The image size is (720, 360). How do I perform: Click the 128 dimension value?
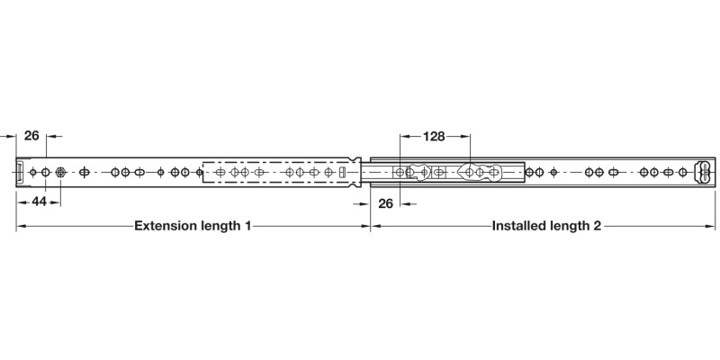coord(434,137)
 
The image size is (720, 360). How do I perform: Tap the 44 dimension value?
coord(39,201)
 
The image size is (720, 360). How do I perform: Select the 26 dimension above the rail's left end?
coord(31,136)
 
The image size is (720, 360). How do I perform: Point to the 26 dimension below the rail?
coord(386,203)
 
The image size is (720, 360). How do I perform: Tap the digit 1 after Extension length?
coord(247,226)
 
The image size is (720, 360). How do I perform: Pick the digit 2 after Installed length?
coord(597,226)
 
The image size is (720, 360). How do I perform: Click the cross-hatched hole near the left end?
coord(60,173)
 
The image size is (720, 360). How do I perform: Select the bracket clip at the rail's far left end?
coord(20,173)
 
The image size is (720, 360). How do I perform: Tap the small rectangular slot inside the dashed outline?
coord(341,173)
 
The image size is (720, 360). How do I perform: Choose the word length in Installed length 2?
coord(567,226)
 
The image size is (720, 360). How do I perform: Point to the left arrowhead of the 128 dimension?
coord(404,137)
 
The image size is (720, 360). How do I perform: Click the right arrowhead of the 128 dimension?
coord(466,137)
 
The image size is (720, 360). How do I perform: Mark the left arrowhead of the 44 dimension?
coord(20,202)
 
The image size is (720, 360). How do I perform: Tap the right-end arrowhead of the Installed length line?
coord(711,226)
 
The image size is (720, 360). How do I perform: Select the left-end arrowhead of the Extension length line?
coord(21,226)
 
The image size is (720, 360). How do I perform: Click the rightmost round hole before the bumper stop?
coord(683,173)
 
